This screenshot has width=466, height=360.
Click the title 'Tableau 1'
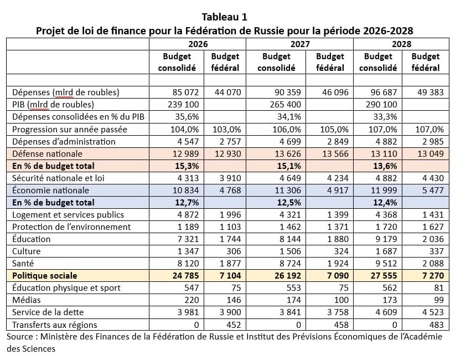coord(224,17)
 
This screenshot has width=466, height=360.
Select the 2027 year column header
coord(300,44)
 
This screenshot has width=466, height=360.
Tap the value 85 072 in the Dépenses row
coord(185,92)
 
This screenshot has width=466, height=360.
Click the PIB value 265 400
coord(286,105)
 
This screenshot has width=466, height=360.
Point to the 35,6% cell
coord(187,117)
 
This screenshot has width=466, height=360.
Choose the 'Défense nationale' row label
coord(47,153)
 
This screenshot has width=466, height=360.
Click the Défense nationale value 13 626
coord(287,154)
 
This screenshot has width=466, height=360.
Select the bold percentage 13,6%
coord(385,166)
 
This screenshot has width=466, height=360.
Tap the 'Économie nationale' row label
coord(50,190)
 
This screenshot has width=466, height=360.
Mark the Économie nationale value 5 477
coord(433,191)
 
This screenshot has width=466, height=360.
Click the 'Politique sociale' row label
coord(45,275)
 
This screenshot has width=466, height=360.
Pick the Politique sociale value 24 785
coord(185,275)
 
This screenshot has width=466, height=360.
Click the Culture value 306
coord(234,251)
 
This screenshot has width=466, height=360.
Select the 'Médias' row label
coord(27,300)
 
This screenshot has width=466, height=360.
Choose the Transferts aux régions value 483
coord(436,325)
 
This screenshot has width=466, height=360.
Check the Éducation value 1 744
coord(230,239)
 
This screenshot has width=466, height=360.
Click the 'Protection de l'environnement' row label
coord(71,227)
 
